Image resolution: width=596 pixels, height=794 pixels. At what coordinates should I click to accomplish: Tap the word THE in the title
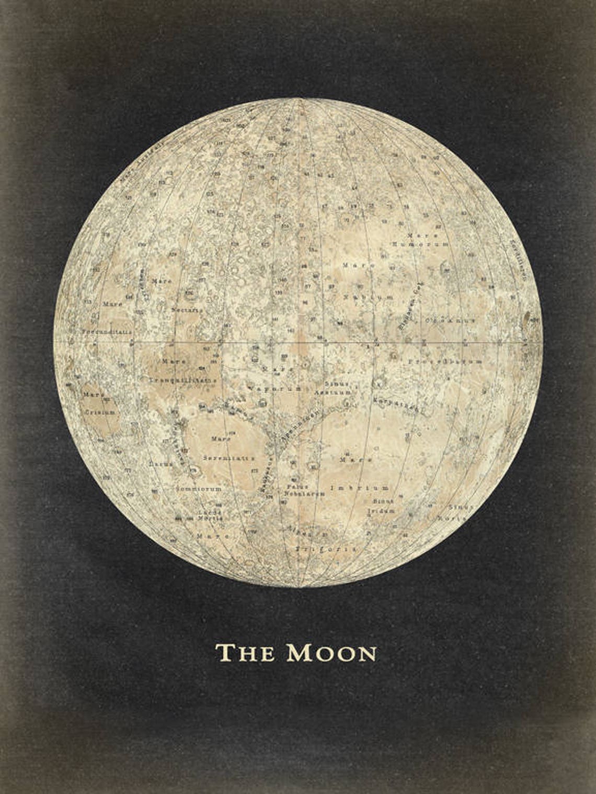tap(245, 653)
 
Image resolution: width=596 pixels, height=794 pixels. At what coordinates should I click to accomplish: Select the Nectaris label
tap(187, 310)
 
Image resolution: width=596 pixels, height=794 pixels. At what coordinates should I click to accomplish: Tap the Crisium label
tap(99, 412)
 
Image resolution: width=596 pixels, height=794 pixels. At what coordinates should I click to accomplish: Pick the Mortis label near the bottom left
tap(210, 518)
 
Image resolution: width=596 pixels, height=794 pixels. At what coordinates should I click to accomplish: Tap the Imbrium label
tap(359, 488)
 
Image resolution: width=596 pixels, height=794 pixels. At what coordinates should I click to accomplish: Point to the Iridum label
tap(381, 510)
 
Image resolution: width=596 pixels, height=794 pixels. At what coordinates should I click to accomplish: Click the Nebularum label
tap(305, 494)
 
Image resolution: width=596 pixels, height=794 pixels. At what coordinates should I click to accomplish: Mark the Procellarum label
tap(444, 362)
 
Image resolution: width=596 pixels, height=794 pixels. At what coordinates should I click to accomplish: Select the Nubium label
tap(368, 297)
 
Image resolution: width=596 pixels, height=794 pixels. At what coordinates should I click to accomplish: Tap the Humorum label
tap(420, 244)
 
